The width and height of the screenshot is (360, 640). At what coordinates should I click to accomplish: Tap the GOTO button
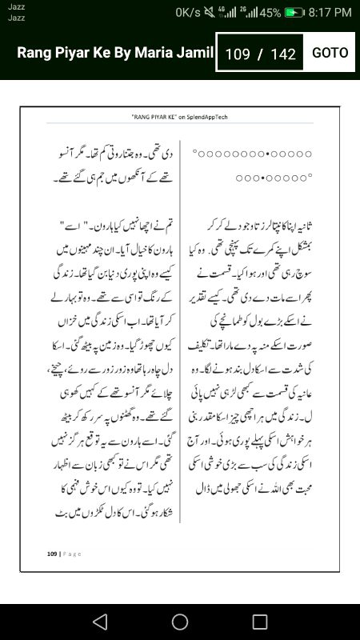tap(330, 53)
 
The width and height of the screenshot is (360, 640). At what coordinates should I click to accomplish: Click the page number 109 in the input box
tap(238, 54)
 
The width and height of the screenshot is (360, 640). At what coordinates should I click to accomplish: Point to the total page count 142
tap(283, 54)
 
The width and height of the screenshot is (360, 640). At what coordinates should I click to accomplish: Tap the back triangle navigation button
tap(99, 621)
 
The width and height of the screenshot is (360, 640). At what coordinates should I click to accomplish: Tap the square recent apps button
tap(260, 621)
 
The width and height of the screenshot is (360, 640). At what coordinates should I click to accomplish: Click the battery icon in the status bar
tap(295, 13)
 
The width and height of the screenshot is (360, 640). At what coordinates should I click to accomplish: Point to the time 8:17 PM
tap(330, 13)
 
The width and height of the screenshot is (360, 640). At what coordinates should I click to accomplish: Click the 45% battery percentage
tap(270, 13)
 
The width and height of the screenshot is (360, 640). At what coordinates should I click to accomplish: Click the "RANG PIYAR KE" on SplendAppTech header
tap(179, 117)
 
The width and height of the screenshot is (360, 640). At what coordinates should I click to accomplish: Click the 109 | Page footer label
tap(64, 553)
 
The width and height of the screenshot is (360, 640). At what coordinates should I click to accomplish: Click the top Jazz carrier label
tap(17, 6)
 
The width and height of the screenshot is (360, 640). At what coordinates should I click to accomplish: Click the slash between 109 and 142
tap(260, 54)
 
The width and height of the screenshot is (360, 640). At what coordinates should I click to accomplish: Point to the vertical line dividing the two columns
tap(181, 336)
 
